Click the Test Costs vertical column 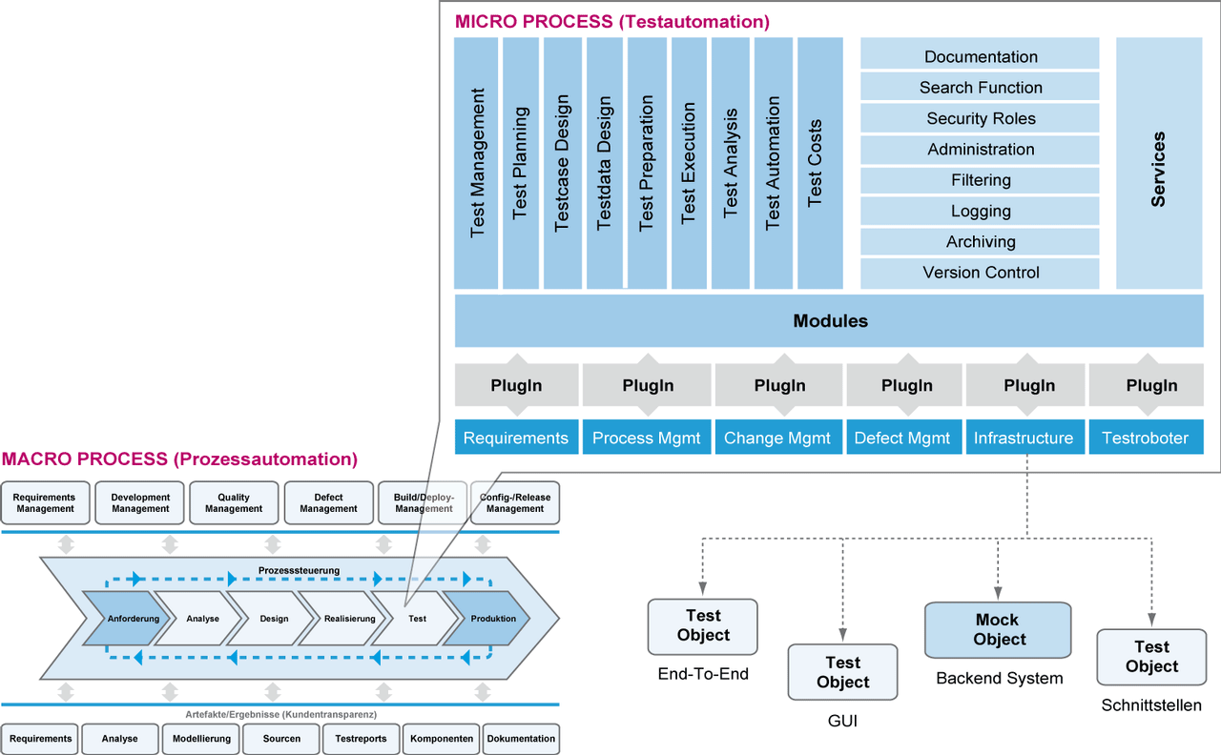point(819,163)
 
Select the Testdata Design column point(604,163)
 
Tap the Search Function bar point(980,88)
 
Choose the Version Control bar point(980,273)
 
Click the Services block point(1158,163)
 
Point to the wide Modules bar point(830,320)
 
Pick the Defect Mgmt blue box point(902,438)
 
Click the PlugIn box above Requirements point(516,386)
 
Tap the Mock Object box point(999,630)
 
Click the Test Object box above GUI point(842,672)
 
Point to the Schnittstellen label point(1151,706)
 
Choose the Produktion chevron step point(488,619)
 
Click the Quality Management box point(234,502)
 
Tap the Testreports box point(361,739)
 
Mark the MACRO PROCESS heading point(179,459)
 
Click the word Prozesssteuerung point(299,570)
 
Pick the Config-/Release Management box point(515,502)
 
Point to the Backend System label point(999,679)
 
